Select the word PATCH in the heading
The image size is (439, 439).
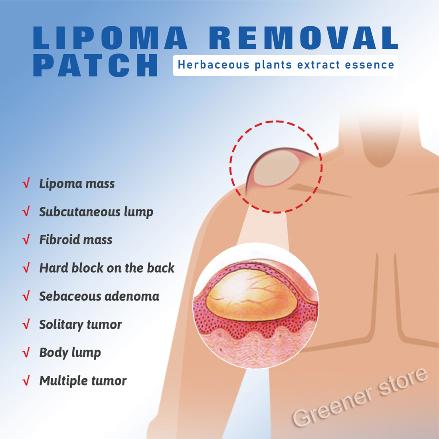[96, 65]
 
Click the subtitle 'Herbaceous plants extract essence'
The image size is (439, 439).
[286, 65]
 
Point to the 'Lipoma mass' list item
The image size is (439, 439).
[77, 184]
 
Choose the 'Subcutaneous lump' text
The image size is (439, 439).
[96, 212]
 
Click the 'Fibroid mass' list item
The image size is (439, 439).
[76, 240]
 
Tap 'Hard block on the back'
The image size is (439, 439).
[107, 268]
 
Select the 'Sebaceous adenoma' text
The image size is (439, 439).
[99, 296]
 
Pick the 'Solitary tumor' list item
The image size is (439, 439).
[81, 324]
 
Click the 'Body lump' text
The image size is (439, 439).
[70, 353]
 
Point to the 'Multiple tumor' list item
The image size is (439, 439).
[83, 381]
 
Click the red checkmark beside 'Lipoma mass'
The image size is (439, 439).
[26, 184]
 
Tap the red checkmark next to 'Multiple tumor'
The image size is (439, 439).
[26, 381]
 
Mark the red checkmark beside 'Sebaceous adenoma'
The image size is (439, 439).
[26, 296]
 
